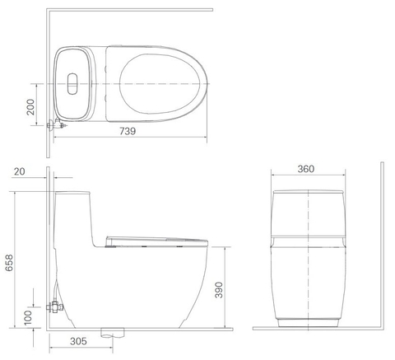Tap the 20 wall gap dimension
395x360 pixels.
pyautogui.click(x=20, y=172)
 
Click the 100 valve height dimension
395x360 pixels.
pyautogui.click(x=30, y=317)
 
